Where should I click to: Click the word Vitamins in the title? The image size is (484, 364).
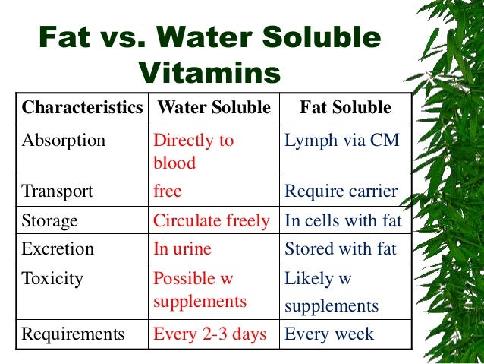tap(210, 74)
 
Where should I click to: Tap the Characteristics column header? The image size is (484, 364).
tap(82, 108)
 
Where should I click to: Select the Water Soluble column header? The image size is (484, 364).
tap(212, 108)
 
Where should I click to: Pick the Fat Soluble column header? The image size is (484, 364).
tap(345, 108)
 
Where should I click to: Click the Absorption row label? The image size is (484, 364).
tap(64, 141)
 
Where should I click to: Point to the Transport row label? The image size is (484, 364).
tap(58, 191)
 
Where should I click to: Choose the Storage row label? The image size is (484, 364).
tap(50, 221)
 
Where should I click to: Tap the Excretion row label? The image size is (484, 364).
tap(58, 248)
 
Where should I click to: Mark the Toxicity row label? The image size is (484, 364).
tap(53, 278)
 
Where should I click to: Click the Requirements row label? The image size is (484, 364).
tap(72, 333)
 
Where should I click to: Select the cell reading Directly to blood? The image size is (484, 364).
tap(194, 152)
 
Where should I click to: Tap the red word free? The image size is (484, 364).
tap(168, 191)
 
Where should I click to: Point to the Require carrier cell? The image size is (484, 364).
tap(341, 191)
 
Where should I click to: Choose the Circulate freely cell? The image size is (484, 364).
tap(211, 221)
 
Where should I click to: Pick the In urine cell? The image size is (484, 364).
tap(182, 248)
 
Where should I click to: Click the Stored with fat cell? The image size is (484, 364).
tap(340, 248)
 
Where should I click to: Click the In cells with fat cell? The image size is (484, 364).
tap(343, 221)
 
